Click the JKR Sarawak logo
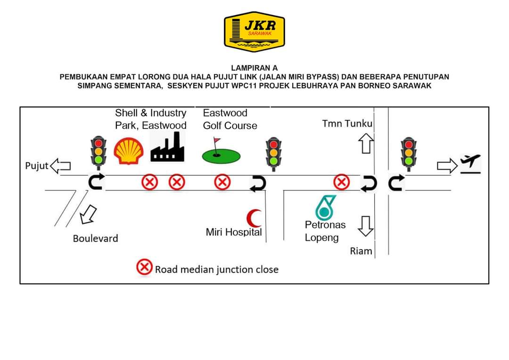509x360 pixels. coord(254,32)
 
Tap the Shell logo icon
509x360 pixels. coord(128,151)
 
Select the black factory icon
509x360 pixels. coord(167,147)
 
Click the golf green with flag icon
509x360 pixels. coord(221,153)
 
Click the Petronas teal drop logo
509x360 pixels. coord(325,207)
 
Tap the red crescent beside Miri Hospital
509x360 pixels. coord(254,218)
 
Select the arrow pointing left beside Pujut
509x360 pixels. coord(60,166)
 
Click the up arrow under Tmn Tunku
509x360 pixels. coord(366,144)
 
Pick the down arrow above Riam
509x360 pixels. coord(366,226)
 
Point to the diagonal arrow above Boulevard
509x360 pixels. coord(88,215)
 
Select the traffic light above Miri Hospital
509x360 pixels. coord(273,152)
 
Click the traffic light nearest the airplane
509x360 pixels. coord(409,152)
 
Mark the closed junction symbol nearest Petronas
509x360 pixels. coord(341,182)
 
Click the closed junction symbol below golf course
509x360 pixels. coord(222,182)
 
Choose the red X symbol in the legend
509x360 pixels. coord(144,268)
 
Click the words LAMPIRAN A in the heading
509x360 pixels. coord(254,68)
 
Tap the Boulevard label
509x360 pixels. coord(95,238)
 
